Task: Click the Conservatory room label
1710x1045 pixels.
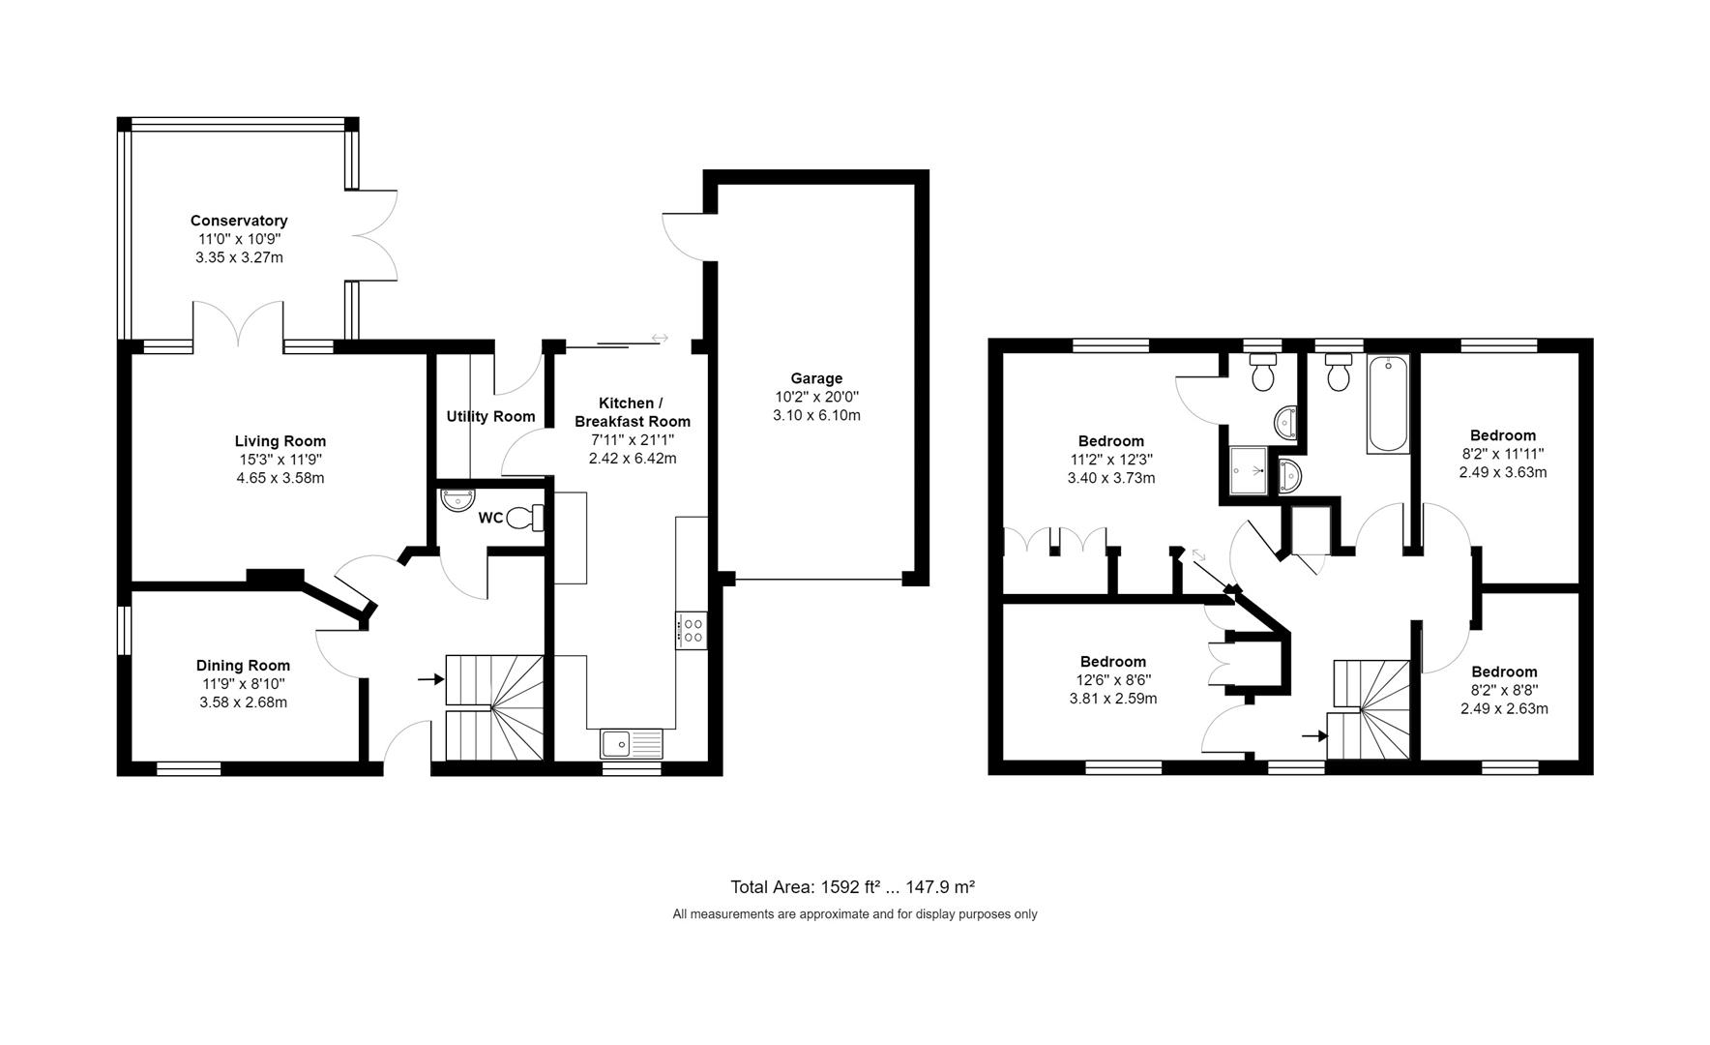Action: pos(239,221)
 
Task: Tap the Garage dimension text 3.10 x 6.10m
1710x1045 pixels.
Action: pos(816,415)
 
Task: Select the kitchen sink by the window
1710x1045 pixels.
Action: pos(631,743)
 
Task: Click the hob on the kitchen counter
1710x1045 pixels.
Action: pos(692,631)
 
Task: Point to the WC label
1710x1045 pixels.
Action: pos(490,518)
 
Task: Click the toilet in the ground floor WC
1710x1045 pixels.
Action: pos(526,519)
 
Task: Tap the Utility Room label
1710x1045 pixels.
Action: pos(490,416)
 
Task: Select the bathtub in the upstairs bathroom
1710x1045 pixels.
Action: pos(1389,403)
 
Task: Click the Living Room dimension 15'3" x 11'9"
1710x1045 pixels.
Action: pos(280,460)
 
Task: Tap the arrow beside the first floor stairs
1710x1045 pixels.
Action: pos(1313,736)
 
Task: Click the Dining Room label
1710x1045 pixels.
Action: pos(243,665)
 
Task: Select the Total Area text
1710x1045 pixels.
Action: pos(852,886)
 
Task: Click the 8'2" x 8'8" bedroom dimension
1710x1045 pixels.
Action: pos(1504,690)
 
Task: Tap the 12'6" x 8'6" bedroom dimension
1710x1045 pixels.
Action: pos(1112,680)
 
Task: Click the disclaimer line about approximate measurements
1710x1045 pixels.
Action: pos(855,913)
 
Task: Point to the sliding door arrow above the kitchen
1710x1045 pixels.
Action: pos(660,338)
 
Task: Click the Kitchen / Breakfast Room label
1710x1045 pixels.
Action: pos(633,411)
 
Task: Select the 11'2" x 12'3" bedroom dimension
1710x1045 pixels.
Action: pos(1111,460)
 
